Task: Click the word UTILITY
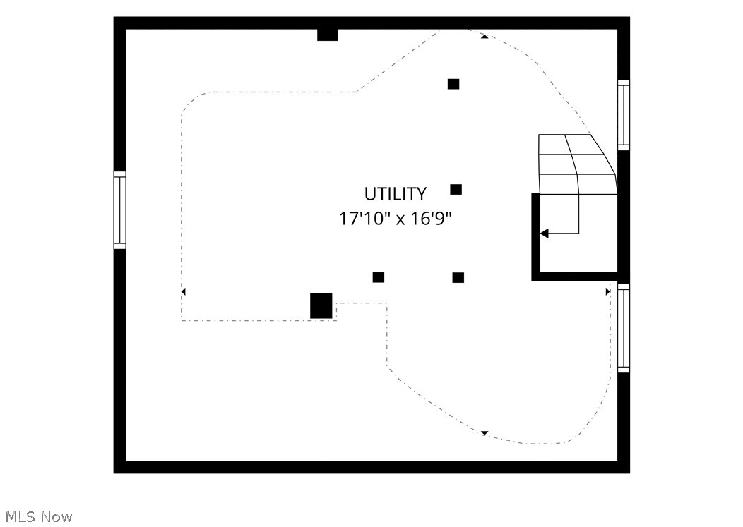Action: click(x=396, y=194)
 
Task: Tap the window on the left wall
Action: click(x=120, y=210)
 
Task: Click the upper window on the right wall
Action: click(x=624, y=115)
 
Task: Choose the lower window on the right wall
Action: click(x=624, y=328)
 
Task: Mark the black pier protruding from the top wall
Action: click(x=328, y=35)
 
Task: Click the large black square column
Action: click(x=321, y=306)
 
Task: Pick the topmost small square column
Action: click(x=453, y=84)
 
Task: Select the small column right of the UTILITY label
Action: click(x=456, y=189)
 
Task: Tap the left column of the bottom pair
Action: click(x=378, y=277)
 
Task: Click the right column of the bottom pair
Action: click(x=458, y=277)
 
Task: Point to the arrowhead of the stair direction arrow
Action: click(x=545, y=234)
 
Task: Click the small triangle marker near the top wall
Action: click(x=485, y=37)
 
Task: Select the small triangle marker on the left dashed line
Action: click(x=184, y=291)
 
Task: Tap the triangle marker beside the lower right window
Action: click(x=607, y=291)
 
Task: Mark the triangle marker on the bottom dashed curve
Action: click(x=485, y=432)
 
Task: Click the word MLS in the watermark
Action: click(x=21, y=516)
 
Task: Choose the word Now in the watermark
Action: click(x=57, y=516)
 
